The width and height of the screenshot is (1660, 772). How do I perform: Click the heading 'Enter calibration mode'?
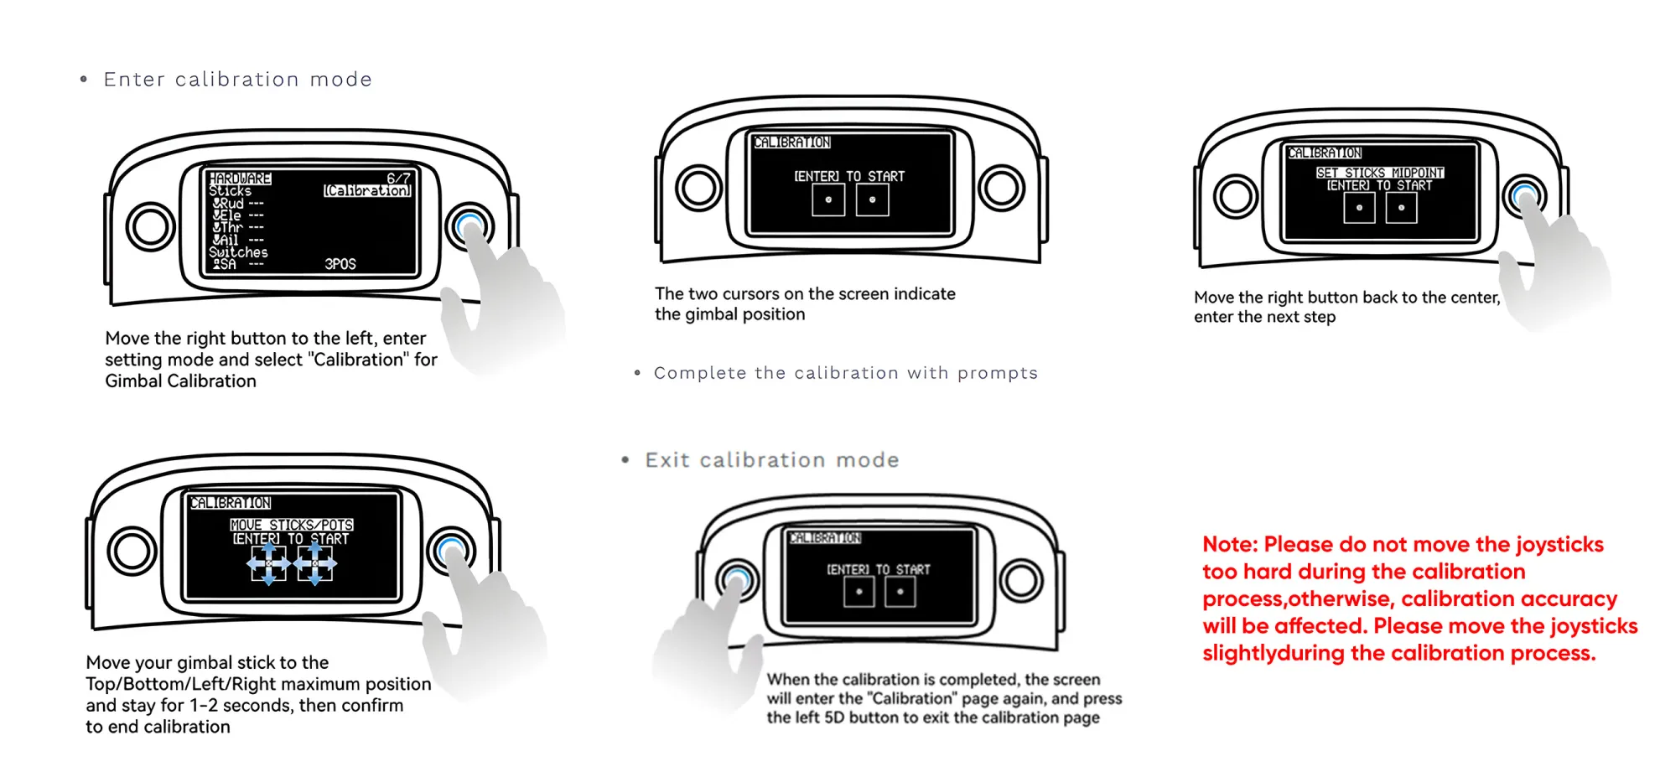tap(237, 80)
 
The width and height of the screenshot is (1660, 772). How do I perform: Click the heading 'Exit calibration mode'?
tap(771, 460)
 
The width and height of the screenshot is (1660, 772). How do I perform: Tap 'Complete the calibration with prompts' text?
tap(845, 373)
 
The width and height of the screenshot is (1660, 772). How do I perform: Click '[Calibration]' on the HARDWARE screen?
tap(367, 191)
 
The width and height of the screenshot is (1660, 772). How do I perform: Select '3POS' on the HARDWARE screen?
tap(340, 264)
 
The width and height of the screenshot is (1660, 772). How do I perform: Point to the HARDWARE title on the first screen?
tap(240, 179)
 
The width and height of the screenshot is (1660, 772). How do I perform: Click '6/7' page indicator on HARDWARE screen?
tap(398, 179)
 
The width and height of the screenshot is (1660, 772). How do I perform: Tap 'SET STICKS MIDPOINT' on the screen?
tap(1379, 173)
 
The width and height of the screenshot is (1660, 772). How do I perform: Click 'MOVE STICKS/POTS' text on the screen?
tap(292, 525)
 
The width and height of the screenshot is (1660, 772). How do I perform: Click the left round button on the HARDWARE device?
tap(150, 227)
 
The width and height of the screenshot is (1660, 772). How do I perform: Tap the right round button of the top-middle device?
tap(1001, 188)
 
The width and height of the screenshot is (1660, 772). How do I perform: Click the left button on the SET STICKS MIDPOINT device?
tap(1236, 196)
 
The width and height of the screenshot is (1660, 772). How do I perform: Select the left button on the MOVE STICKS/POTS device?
tap(132, 551)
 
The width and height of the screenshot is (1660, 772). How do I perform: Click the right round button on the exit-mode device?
tap(1020, 580)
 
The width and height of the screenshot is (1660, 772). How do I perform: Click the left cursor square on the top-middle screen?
tap(828, 200)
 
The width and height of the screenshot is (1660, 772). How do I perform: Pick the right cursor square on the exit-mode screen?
tap(900, 592)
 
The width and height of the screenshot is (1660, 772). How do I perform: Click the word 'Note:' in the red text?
tap(1230, 545)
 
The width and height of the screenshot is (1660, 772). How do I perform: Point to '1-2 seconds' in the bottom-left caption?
tap(241, 706)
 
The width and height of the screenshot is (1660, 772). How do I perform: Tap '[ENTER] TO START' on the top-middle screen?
tap(849, 177)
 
